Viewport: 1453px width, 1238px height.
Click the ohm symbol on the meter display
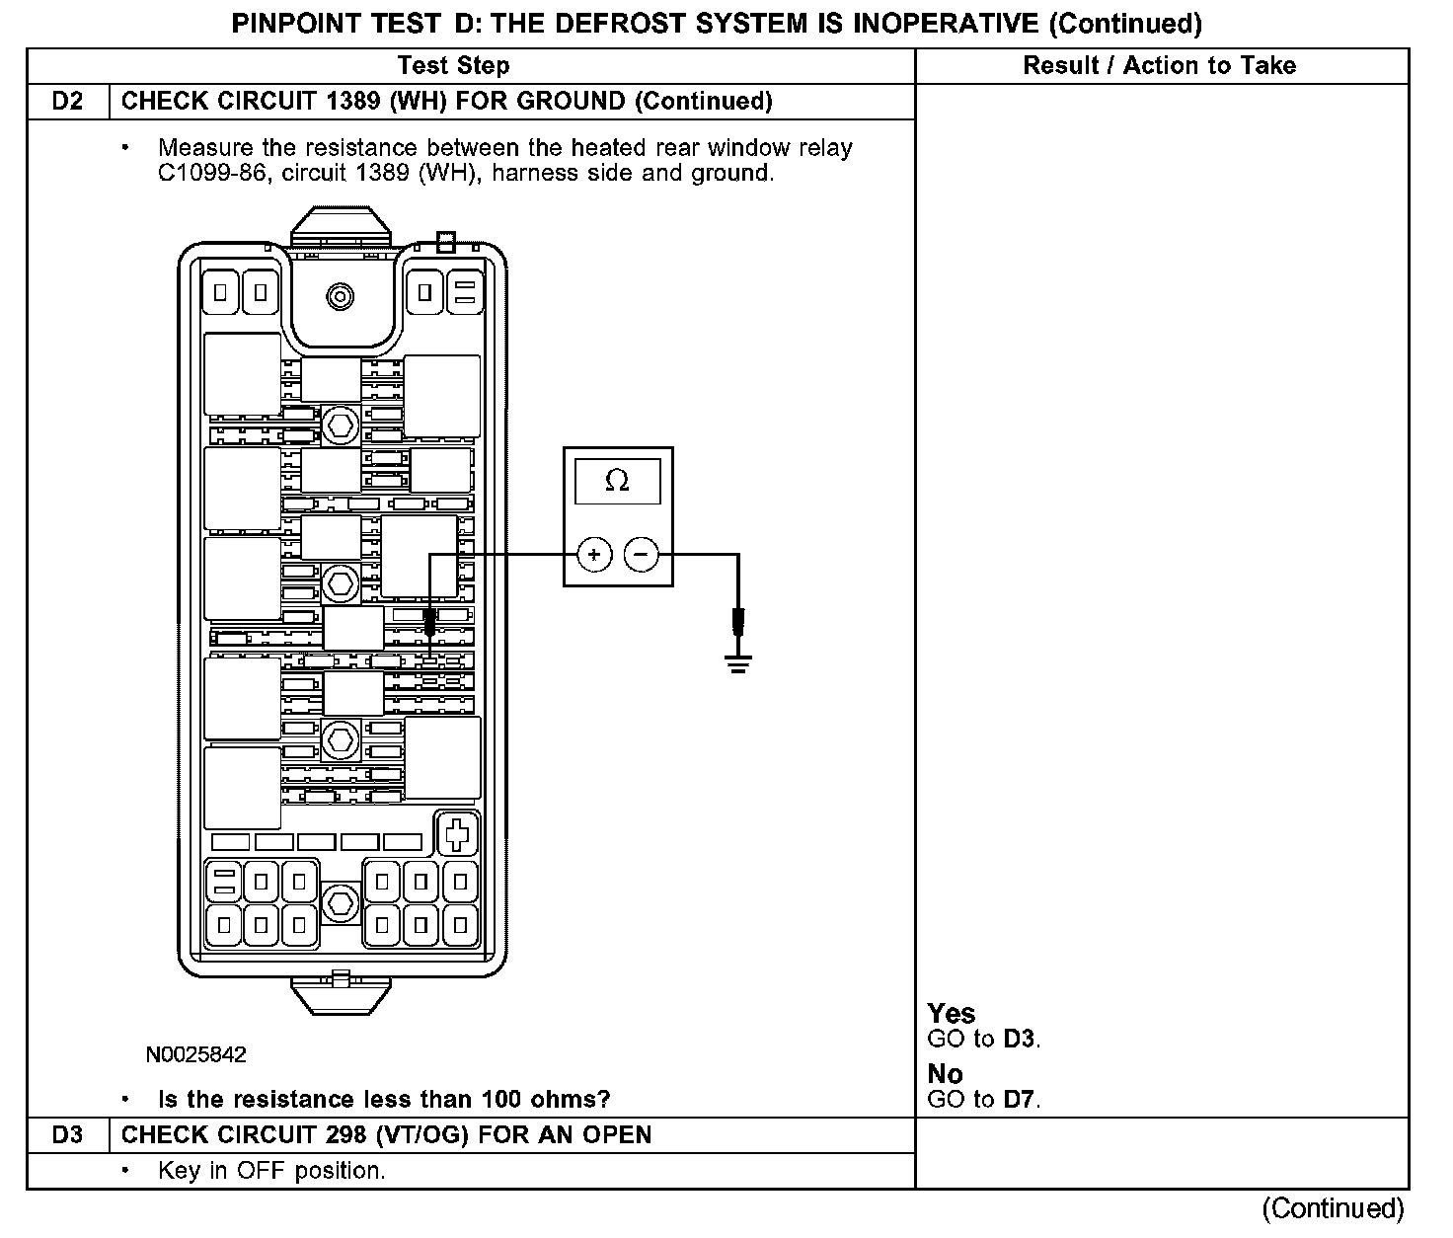coord(617,481)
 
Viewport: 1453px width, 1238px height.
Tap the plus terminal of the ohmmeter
coord(593,555)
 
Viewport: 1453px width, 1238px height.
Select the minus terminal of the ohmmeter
coord(642,555)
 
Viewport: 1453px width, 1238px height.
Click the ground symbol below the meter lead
coord(737,663)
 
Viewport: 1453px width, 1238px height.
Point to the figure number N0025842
coord(196,1055)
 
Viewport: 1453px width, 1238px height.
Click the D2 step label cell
coord(67,102)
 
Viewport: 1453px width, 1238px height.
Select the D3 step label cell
coord(67,1135)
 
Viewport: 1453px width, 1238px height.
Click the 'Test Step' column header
coord(454,66)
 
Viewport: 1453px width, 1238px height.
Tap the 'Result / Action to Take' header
coord(1160,66)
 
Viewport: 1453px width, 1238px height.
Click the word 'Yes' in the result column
coord(952,1014)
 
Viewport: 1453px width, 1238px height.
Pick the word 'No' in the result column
coord(945,1074)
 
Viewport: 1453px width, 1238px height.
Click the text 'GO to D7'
coord(984,1099)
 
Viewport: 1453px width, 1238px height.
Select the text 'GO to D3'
coord(984,1039)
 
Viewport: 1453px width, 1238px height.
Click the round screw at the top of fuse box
coord(341,295)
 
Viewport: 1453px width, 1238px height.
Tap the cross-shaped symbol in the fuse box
coord(457,834)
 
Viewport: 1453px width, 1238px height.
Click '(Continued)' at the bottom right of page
coord(1332,1208)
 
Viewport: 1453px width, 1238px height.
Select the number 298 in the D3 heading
coord(346,1135)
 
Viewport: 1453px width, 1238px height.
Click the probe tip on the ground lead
coord(737,623)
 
